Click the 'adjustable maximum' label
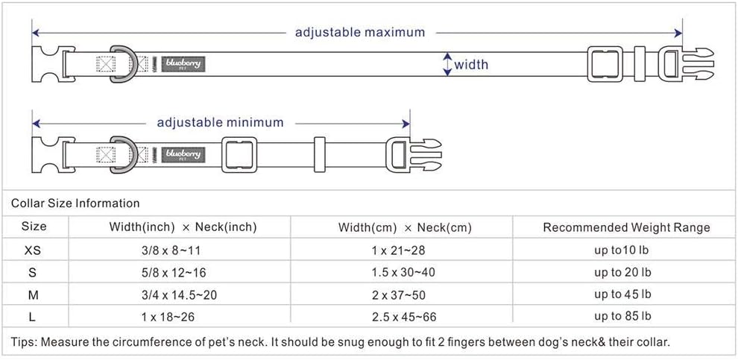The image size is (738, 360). (359, 33)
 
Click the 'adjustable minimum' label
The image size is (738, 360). (220, 123)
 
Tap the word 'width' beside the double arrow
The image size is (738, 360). (471, 64)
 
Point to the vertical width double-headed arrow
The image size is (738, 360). (447, 64)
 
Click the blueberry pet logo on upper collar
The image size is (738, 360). (183, 64)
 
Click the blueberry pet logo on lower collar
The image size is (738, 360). (183, 155)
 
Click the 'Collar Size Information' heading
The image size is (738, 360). (75, 203)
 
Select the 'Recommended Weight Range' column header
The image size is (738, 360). (626, 228)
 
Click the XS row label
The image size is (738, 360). (33, 250)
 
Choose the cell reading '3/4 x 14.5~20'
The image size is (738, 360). (180, 295)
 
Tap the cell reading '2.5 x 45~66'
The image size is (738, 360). (404, 317)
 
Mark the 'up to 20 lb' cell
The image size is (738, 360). (622, 273)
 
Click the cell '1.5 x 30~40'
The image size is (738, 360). (403, 273)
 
